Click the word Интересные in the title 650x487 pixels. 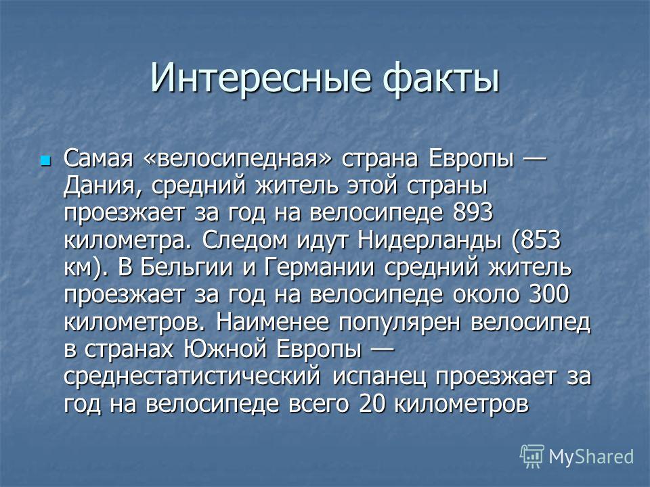[x=259, y=77]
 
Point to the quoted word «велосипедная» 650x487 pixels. [x=237, y=159]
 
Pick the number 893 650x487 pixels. [x=473, y=213]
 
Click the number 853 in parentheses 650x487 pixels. [x=540, y=240]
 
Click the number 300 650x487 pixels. [x=549, y=294]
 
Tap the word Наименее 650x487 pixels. [x=272, y=321]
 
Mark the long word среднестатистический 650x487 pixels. [x=192, y=377]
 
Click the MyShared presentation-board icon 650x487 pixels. [x=532, y=457]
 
